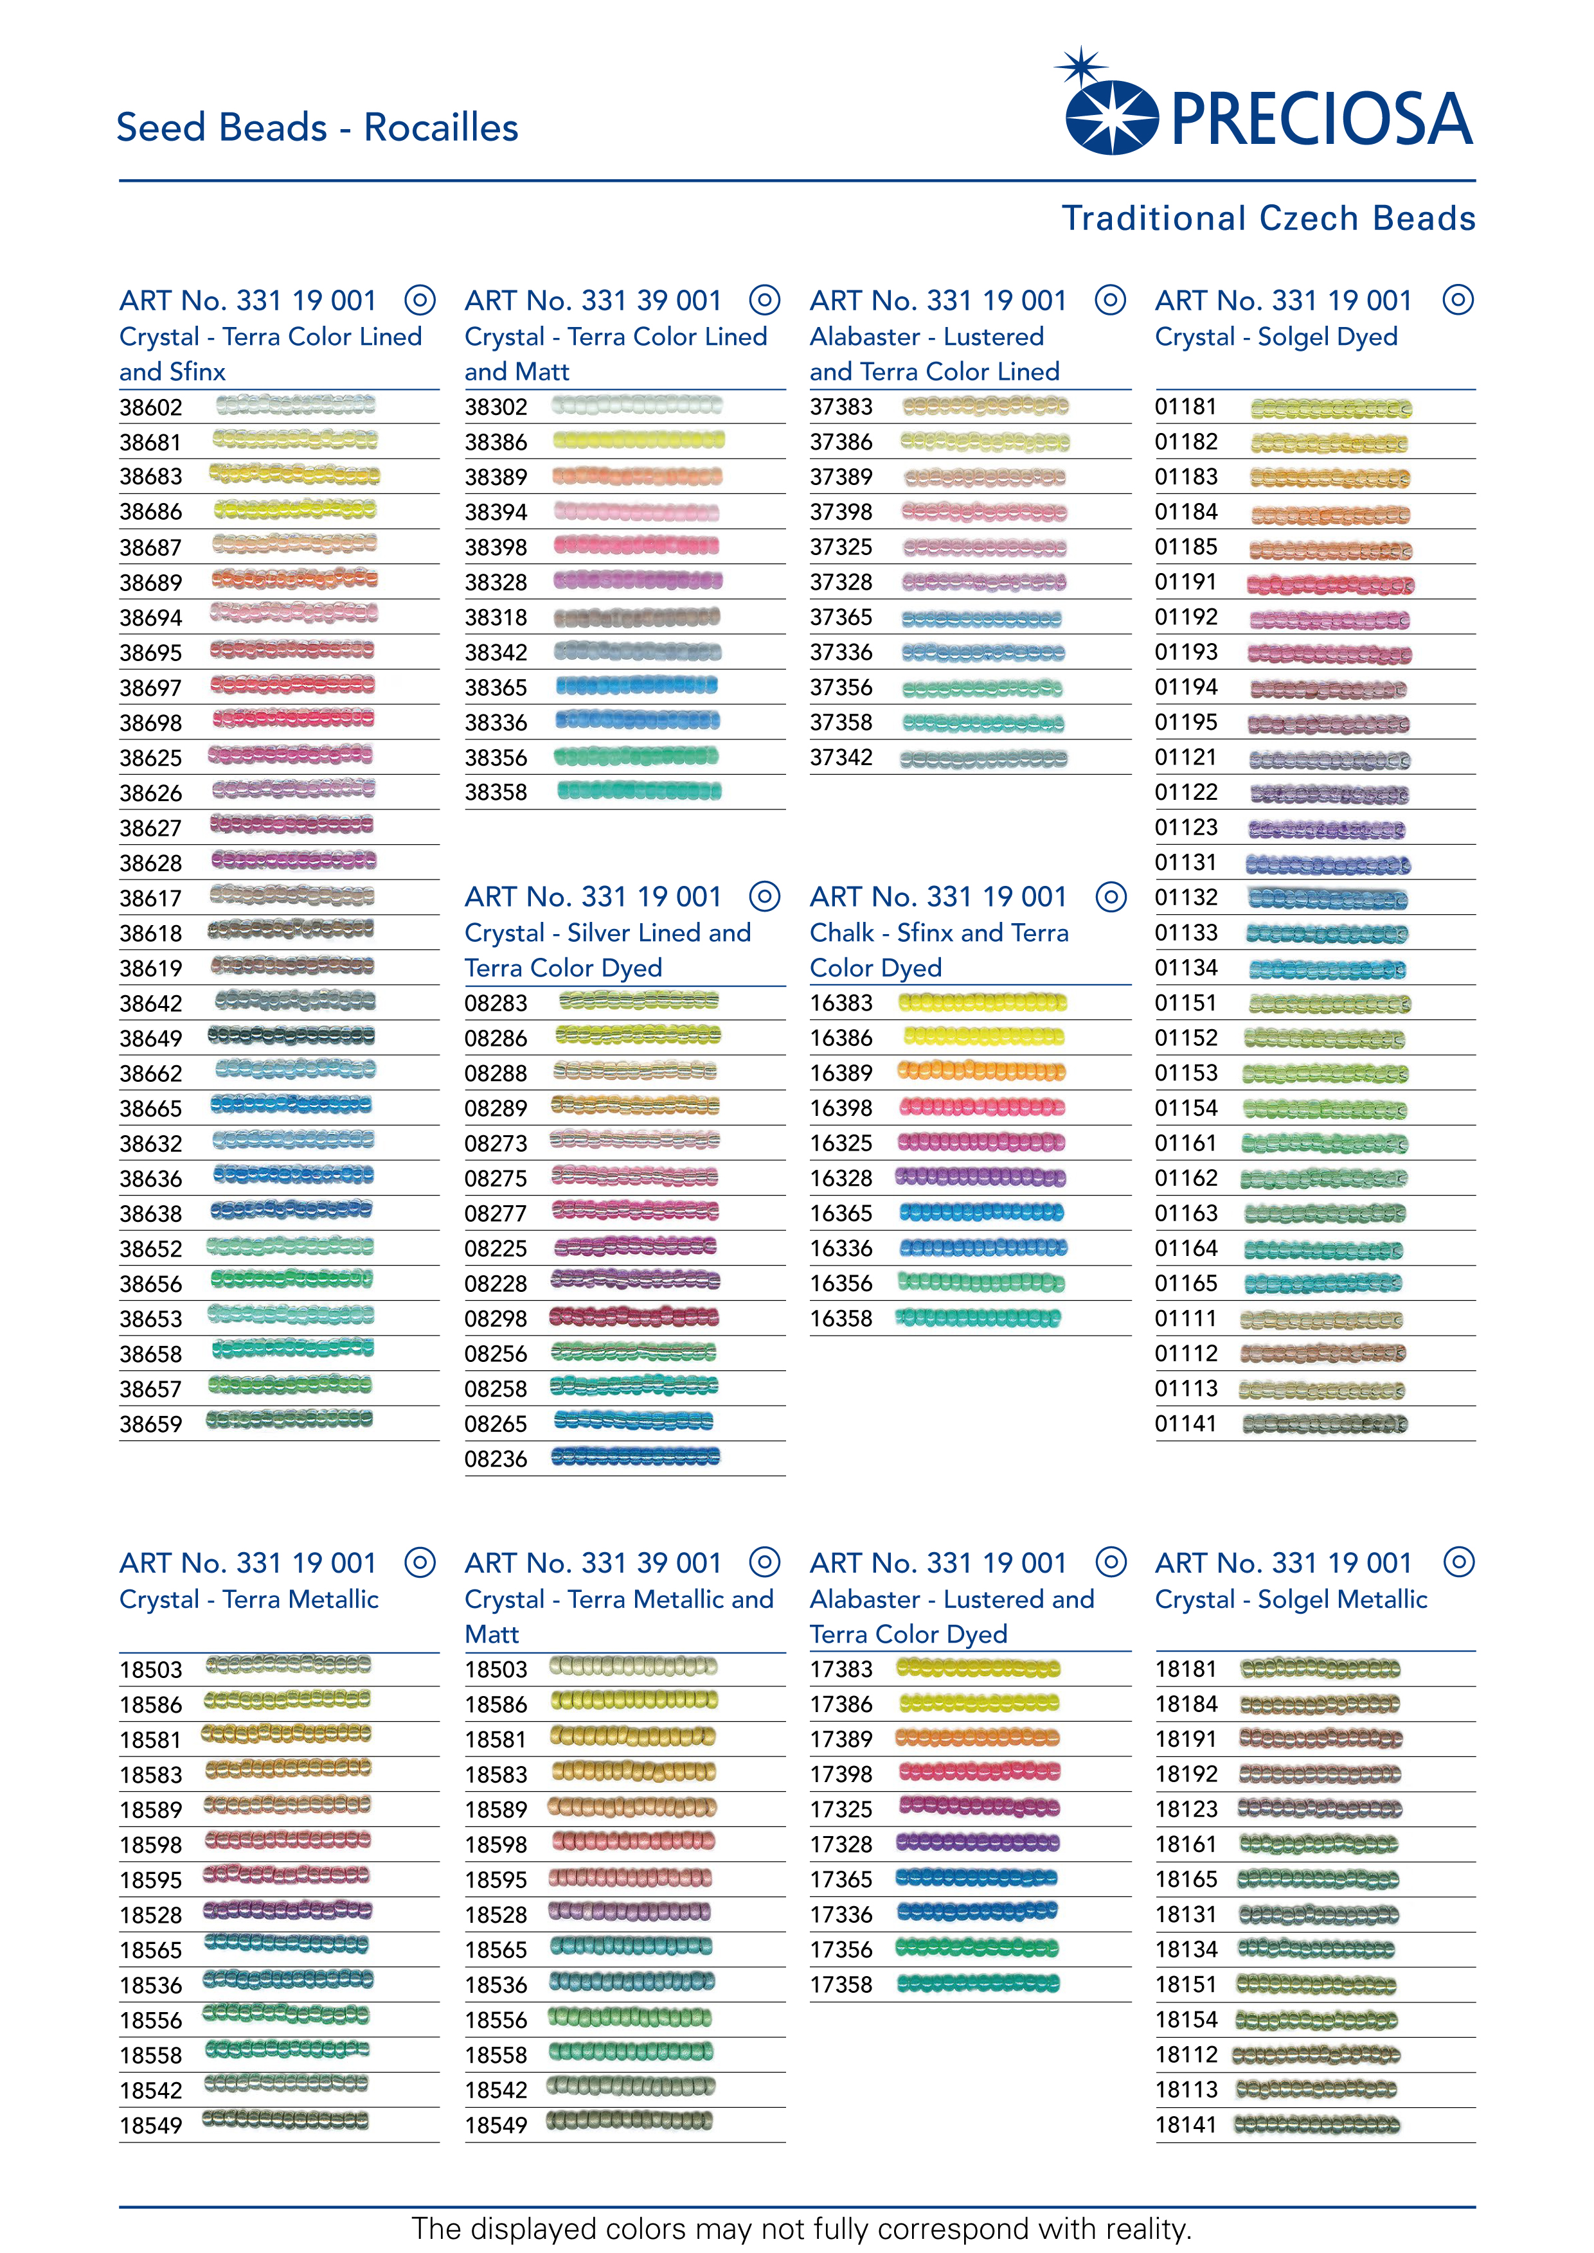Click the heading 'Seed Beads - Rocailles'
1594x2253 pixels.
317,128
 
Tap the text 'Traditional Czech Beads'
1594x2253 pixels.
1268,218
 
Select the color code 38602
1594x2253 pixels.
151,407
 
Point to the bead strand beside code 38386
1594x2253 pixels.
638,441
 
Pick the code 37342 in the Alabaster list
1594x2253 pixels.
841,757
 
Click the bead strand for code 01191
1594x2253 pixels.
1330,585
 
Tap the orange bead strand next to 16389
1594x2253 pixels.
981,1072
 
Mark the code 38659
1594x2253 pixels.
151,1424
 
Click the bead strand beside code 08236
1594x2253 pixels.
636,1457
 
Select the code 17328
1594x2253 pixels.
841,1844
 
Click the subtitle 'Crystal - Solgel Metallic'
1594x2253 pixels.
1291,1600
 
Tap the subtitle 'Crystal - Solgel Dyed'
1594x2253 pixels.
1276,337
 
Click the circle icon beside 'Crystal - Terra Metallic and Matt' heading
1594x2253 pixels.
765,1562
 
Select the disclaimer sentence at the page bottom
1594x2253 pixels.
801,2227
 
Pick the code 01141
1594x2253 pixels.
1186,1424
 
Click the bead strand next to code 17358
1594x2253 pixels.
979,1983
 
